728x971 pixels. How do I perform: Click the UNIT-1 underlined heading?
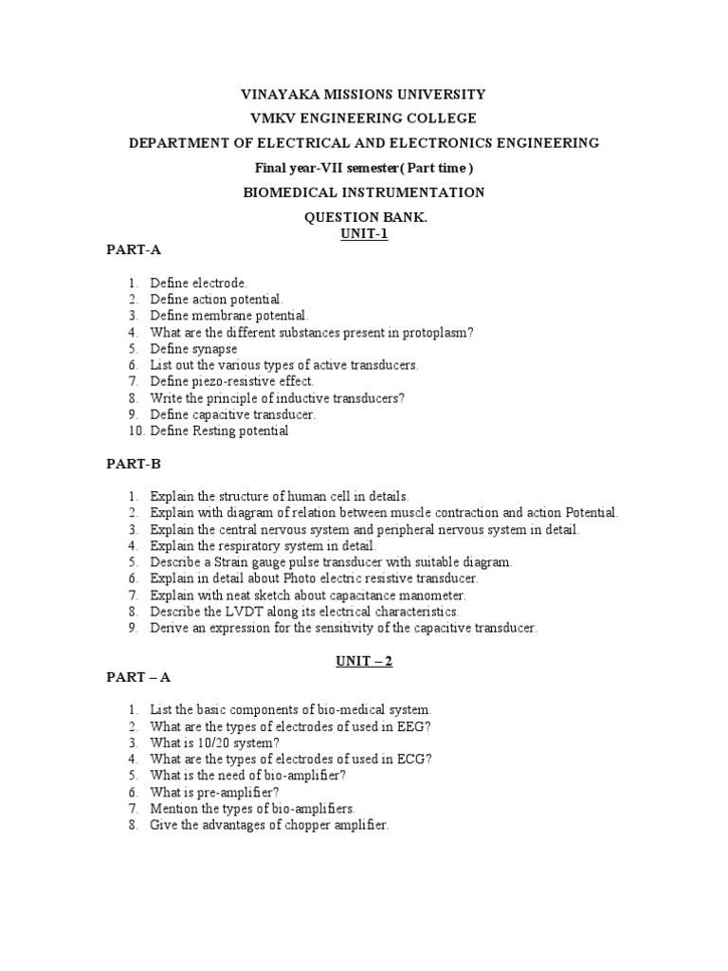click(365, 234)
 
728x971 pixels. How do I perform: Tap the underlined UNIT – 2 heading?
click(364, 662)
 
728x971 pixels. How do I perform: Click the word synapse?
click(215, 348)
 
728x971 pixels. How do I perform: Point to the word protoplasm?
click(439, 332)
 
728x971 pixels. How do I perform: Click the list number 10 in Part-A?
click(134, 431)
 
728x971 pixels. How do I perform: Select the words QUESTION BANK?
click(365, 217)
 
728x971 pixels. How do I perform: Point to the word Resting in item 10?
click(214, 431)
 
